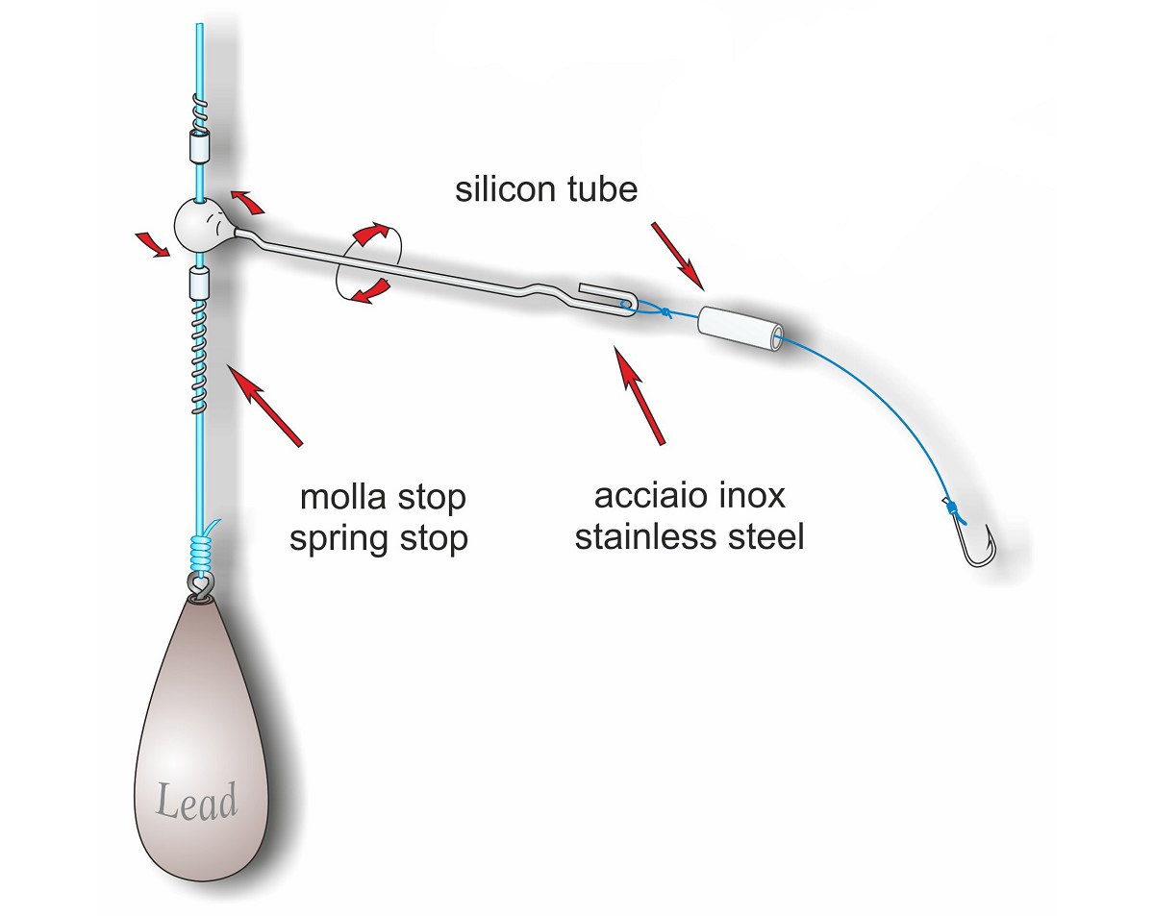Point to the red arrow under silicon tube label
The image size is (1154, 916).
point(678,257)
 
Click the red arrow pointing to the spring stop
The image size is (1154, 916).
point(264,405)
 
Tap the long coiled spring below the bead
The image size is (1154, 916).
point(199,356)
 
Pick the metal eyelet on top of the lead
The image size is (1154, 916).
point(201,585)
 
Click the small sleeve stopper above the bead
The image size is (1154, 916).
point(199,146)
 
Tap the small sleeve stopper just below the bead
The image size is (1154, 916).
point(199,285)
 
